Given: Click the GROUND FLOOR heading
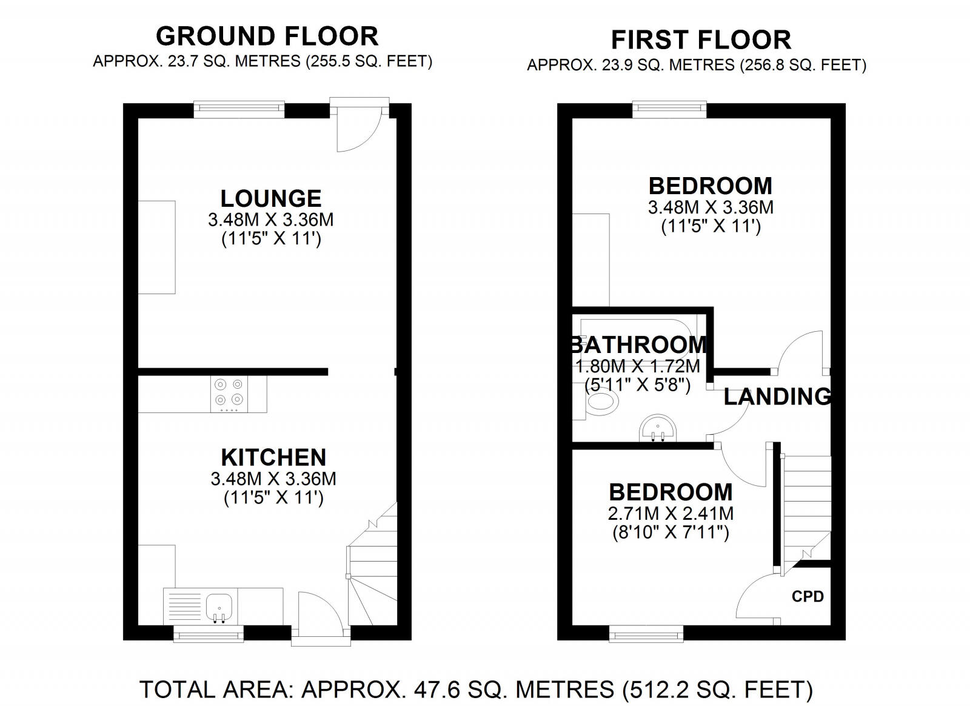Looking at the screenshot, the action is (x=267, y=36).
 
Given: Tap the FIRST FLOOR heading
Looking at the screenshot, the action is (x=701, y=40).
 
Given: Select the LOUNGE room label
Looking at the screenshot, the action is (x=271, y=199).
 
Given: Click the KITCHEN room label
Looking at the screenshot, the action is (x=273, y=457).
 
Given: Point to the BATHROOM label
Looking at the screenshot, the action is (x=639, y=345).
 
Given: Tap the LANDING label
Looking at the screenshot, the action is (x=777, y=396).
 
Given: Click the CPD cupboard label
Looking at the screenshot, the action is (x=808, y=596).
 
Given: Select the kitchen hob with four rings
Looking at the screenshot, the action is (x=230, y=394).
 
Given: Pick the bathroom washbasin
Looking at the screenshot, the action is (x=658, y=429).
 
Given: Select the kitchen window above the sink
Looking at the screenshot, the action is (x=209, y=634).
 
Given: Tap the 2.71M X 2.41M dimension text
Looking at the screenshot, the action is (x=671, y=514).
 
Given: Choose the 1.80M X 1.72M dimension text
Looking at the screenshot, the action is (x=637, y=366).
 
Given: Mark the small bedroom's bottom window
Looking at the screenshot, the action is (x=646, y=634).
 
